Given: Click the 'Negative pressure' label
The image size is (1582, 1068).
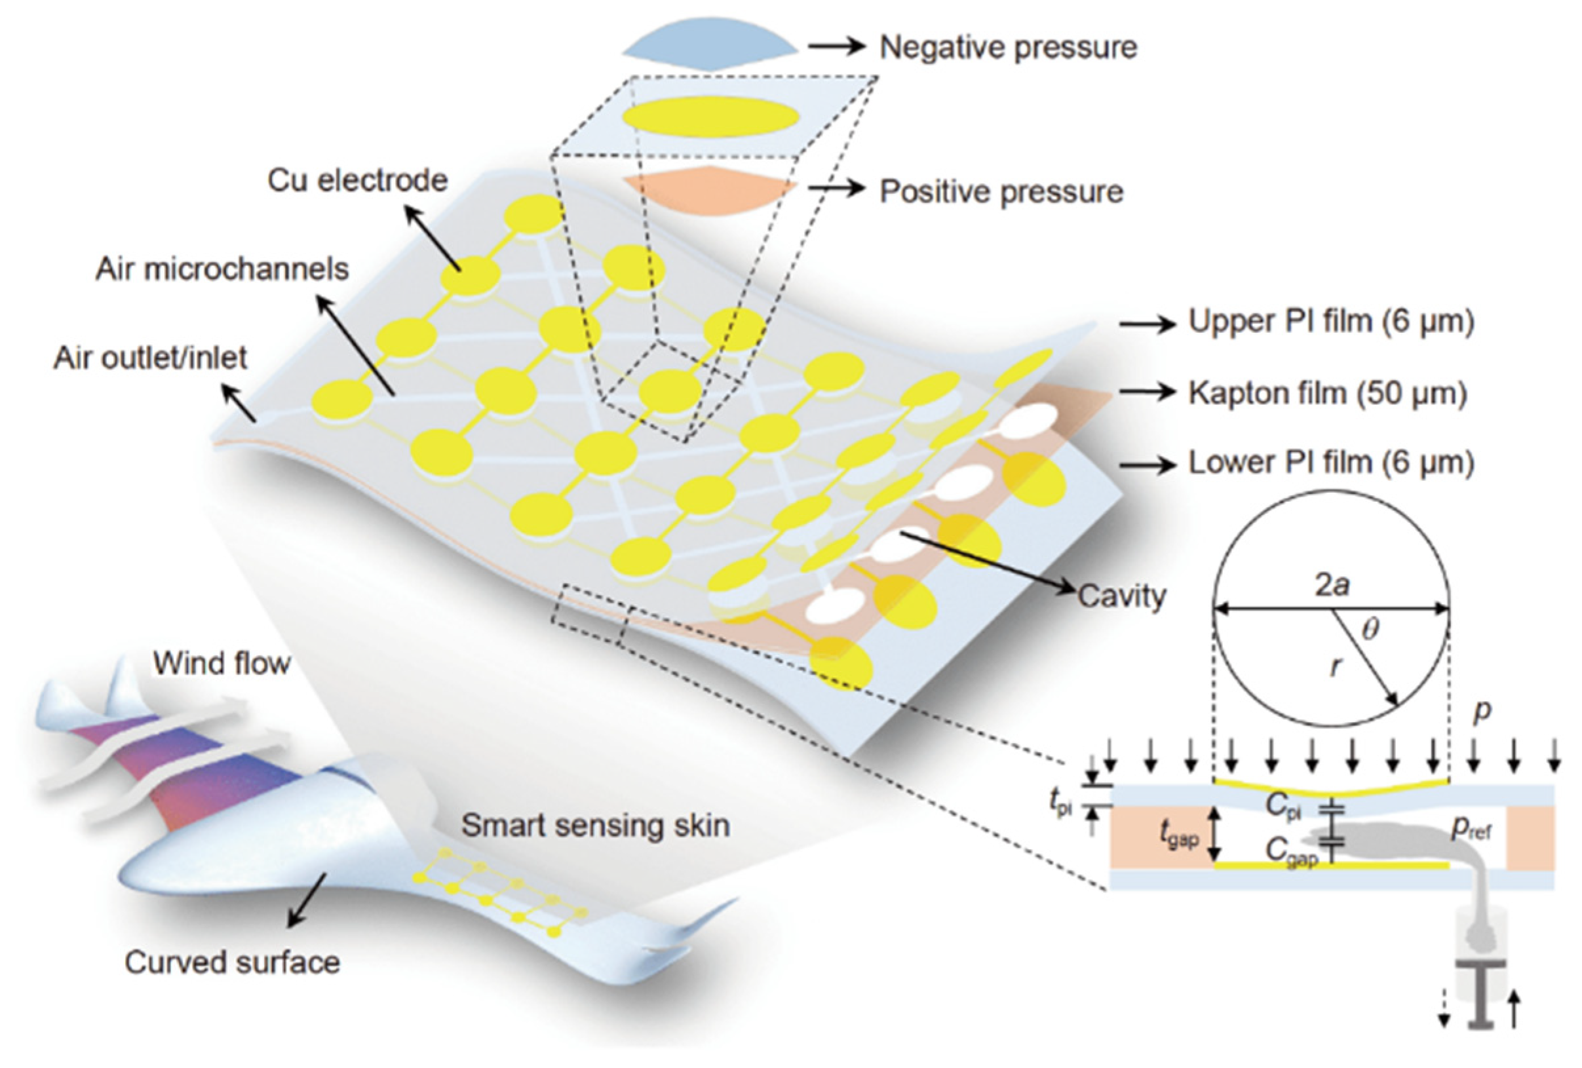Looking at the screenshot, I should pyautogui.click(x=1008, y=48).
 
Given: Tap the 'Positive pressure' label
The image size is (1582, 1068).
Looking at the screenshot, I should pyautogui.click(x=1001, y=191).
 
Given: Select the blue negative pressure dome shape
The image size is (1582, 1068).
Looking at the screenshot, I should pyautogui.click(x=710, y=45).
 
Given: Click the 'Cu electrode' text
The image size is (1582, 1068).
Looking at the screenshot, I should pyautogui.click(x=357, y=180).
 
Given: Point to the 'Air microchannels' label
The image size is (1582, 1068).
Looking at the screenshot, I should pyautogui.click(x=222, y=269).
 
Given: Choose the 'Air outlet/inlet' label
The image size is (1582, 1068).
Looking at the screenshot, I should pyautogui.click(x=151, y=358).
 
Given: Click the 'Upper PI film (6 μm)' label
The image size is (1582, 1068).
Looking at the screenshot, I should pyautogui.click(x=1331, y=321).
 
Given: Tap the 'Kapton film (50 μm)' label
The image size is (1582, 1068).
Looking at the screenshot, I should pyautogui.click(x=1328, y=392).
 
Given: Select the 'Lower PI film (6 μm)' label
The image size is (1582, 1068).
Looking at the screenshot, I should pyautogui.click(x=1331, y=463).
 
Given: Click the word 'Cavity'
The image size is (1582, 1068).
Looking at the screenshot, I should pyautogui.click(x=1121, y=596).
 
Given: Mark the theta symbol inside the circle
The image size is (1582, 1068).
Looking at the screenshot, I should pyautogui.click(x=1370, y=628).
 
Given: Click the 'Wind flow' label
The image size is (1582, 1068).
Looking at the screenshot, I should pyautogui.click(x=222, y=663).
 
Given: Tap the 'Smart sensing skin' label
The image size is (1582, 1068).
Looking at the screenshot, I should pyautogui.click(x=596, y=826).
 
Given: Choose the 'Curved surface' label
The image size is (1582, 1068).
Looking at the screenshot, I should pyautogui.click(x=232, y=963).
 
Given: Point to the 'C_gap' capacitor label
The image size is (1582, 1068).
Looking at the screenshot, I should pyautogui.click(x=1290, y=852).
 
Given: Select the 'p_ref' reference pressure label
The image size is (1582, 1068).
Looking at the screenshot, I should pyautogui.click(x=1471, y=828).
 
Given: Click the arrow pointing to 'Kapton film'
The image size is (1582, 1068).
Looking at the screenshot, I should pyautogui.click(x=1148, y=392).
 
